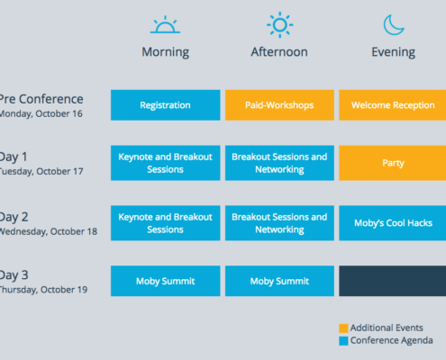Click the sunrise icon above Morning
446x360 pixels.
tap(165, 24)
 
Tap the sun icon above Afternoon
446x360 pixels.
tap(279, 25)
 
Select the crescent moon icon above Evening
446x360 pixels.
tap(394, 25)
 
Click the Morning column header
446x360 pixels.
tap(166, 52)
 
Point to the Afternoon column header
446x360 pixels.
tap(279, 52)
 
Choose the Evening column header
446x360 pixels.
tap(394, 52)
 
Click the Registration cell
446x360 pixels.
tap(165, 105)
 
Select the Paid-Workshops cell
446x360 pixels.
tap(279, 105)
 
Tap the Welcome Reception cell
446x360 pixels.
tap(393, 105)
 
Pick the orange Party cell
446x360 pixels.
tap(393, 163)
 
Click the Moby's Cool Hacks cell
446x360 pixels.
tap(393, 223)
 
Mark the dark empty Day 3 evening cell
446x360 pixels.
tap(393, 281)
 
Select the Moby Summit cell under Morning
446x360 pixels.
tap(165, 281)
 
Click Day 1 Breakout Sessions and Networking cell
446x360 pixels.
tap(279, 163)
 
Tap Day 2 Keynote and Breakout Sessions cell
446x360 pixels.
tap(165, 223)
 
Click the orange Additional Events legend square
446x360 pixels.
tap(343, 328)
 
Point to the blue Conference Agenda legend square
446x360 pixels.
tap(343, 341)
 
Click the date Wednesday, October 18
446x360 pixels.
tap(49, 231)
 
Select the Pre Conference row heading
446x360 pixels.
tap(41, 99)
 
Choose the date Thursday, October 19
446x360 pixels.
tap(43, 290)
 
